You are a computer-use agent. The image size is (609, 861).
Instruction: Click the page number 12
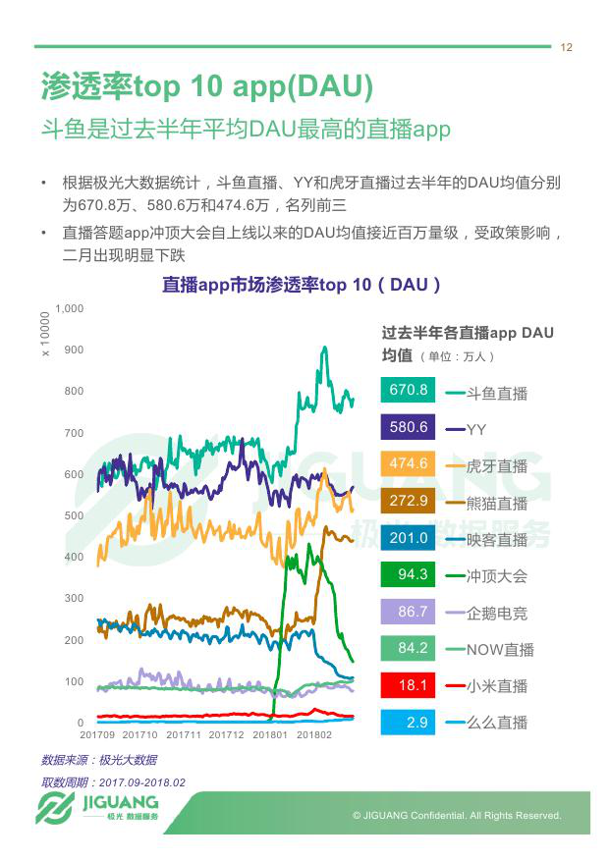click(567, 48)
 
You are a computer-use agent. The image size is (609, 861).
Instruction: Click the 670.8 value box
click(409, 390)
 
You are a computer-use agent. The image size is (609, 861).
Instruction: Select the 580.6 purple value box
click(409, 427)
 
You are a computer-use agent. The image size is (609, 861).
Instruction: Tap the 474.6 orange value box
click(409, 463)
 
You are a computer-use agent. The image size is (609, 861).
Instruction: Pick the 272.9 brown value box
click(409, 501)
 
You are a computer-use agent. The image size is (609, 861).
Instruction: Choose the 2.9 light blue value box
click(409, 723)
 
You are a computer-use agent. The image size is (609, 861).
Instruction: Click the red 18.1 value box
click(409, 685)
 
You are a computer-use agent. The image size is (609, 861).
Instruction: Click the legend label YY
click(476, 430)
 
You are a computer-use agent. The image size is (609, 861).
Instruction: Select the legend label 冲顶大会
click(496, 576)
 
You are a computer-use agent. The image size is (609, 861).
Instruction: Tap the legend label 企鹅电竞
click(496, 614)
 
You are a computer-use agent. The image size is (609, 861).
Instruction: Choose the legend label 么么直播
click(496, 724)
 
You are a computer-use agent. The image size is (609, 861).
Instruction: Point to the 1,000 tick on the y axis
click(71, 308)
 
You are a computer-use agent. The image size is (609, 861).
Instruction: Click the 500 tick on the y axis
click(75, 515)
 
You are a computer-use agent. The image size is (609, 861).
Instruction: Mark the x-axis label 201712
click(227, 734)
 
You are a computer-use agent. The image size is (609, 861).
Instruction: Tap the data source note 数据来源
click(98, 760)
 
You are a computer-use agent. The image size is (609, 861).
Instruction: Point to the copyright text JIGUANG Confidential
click(457, 816)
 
